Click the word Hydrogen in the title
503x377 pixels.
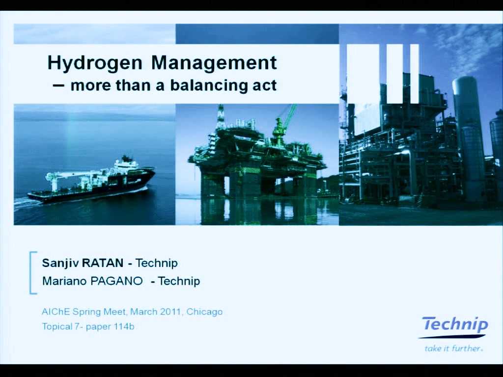[x=95, y=63]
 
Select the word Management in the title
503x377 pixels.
[x=214, y=62]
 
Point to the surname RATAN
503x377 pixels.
[x=103, y=263]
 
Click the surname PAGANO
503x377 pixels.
[x=117, y=281]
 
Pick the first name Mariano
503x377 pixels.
[x=65, y=281]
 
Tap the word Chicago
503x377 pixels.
[x=204, y=312]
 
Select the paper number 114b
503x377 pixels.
[x=123, y=326]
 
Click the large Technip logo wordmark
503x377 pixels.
[x=455, y=324]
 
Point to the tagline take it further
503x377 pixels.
[x=453, y=348]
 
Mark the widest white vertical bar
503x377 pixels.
[x=363, y=74]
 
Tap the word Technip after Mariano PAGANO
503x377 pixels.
[x=179, y=281]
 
